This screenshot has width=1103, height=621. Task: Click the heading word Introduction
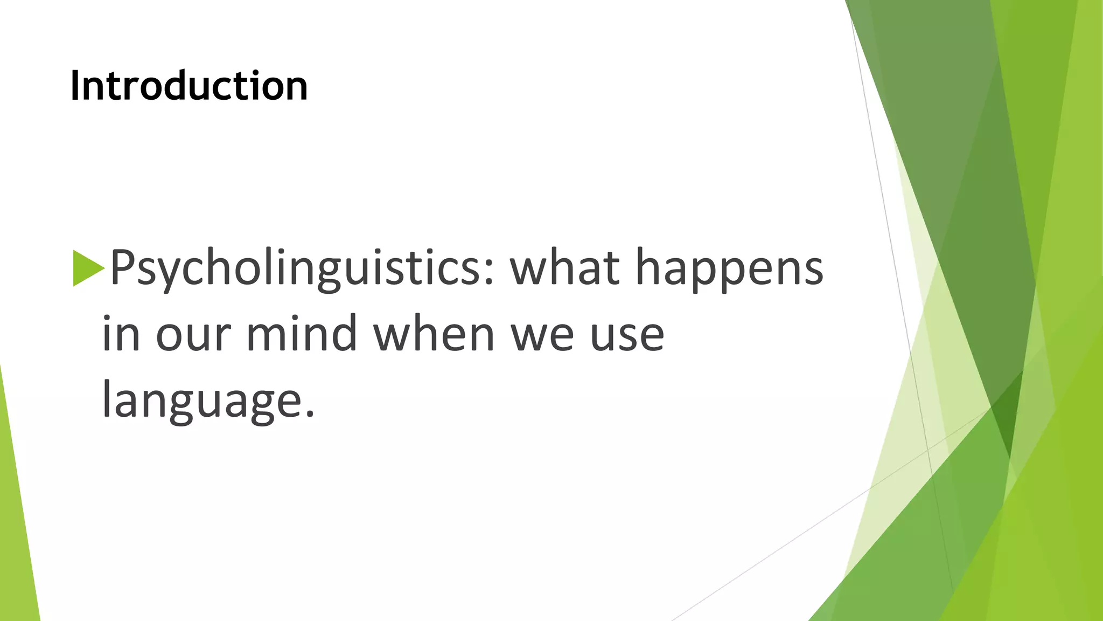click(x=189, y=86)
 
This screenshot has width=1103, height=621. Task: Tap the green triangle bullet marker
click(x=87, y=268)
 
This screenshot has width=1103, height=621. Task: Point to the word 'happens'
click(x=729, y=268)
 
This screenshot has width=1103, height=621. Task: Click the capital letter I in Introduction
click(x=76, y=86)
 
